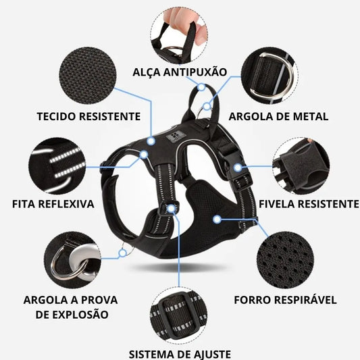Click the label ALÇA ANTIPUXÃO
180,72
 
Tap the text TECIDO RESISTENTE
88,116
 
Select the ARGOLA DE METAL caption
278,116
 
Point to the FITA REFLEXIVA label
53,204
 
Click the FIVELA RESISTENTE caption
309,204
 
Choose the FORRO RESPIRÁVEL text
286,300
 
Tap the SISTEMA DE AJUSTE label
180,355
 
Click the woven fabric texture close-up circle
88,76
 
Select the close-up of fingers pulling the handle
179,36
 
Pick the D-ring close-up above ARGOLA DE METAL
269,76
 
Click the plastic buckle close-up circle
301,166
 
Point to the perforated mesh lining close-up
285,260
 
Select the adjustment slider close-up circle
178,315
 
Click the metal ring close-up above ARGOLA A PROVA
72,260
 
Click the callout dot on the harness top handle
201,87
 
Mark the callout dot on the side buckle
238,168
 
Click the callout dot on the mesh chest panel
217,220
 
